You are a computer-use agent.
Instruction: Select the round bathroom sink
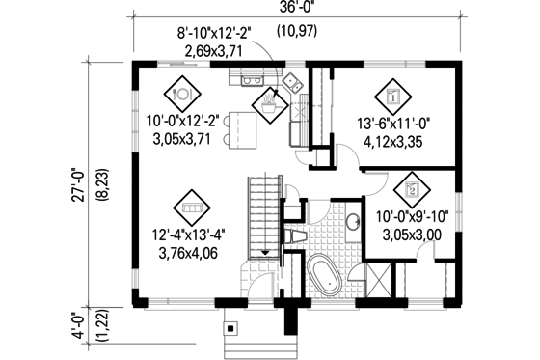pyautogui.click(x=353, y=224)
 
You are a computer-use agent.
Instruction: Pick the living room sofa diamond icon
pyautogui.click(x=190, y=207)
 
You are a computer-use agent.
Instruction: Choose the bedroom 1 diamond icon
pyautogui.click(x=392, y=95)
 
